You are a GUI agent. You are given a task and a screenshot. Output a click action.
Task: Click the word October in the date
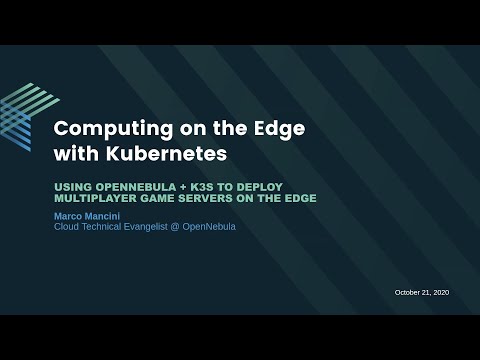point(409,292)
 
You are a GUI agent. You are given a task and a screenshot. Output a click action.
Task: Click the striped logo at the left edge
point(14,119)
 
